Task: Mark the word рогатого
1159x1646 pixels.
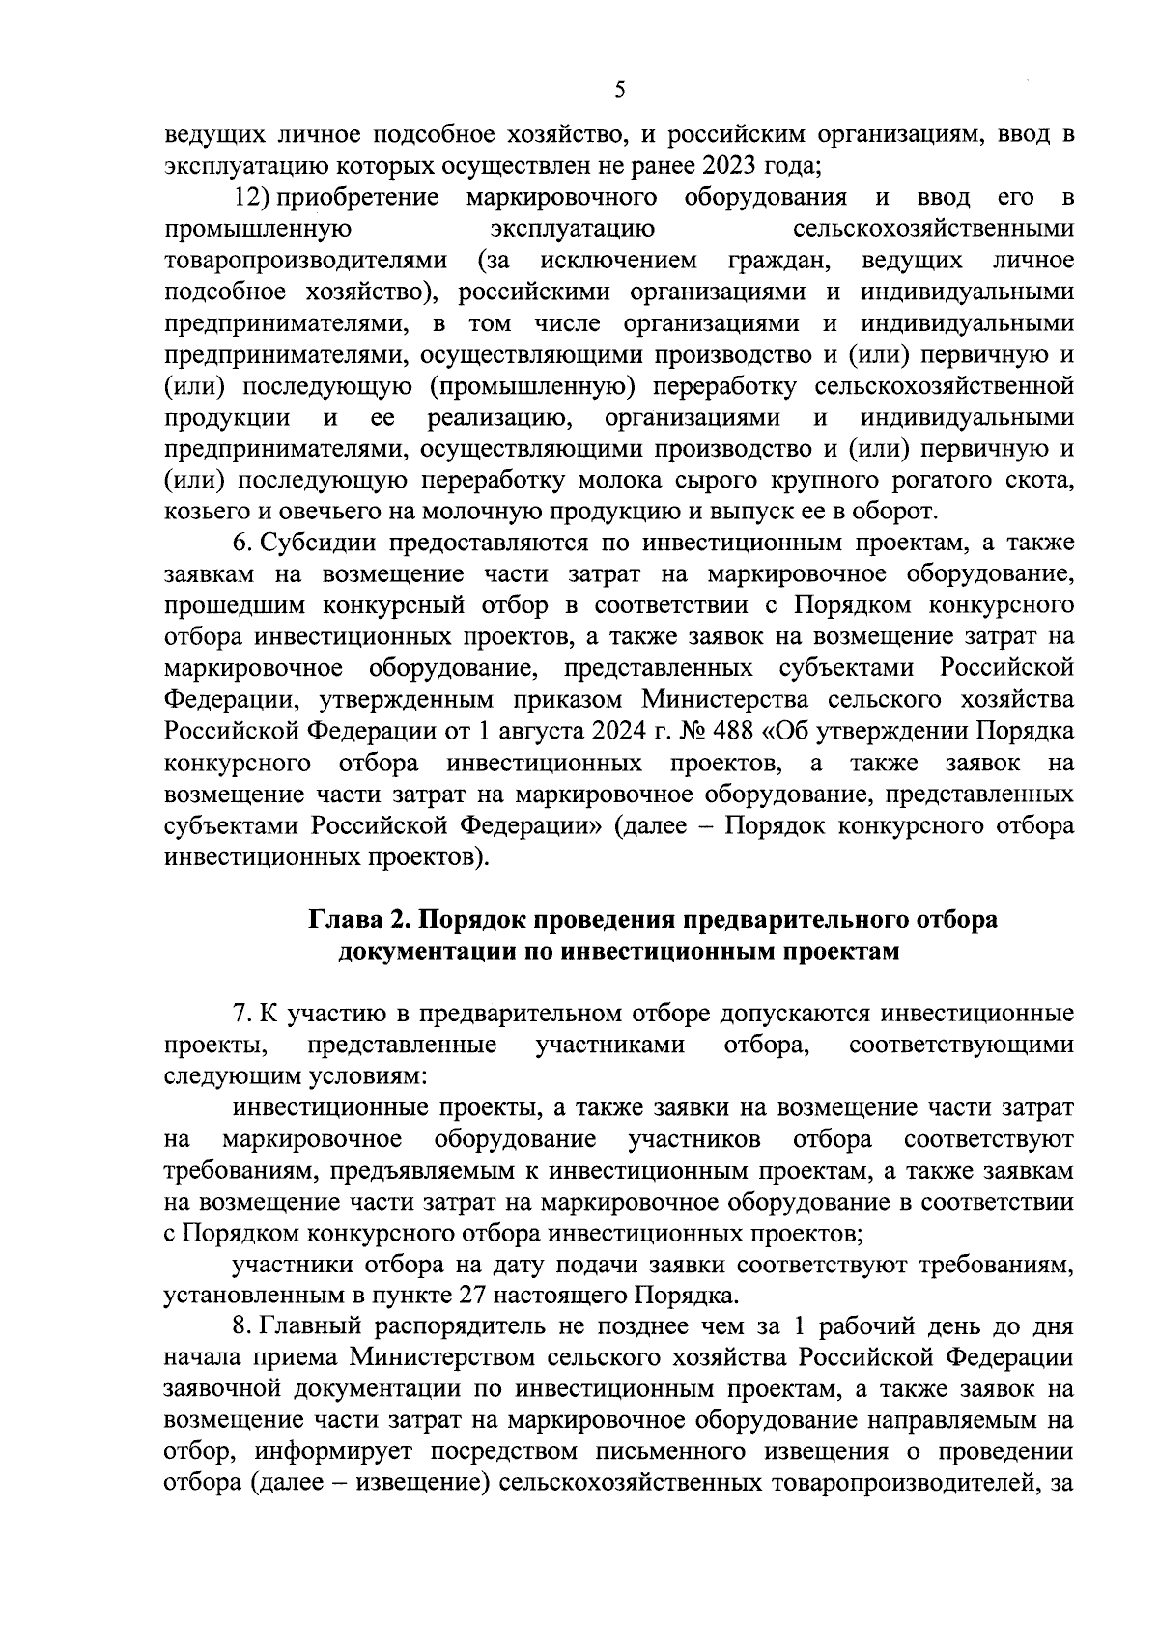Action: tap(914, 480)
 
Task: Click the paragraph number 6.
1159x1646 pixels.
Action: tap(240, 544)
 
